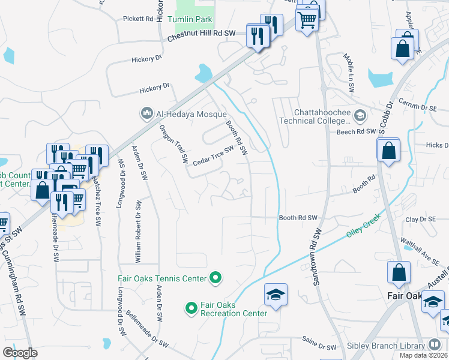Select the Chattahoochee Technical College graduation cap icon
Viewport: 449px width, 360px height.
(x=360, y=115)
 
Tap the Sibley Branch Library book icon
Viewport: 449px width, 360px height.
(x=435, y=345)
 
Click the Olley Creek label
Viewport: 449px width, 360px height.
(x=363, y=229)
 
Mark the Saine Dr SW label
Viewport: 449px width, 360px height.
(x=320, y=347)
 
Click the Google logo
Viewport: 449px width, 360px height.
(x=20, y=353)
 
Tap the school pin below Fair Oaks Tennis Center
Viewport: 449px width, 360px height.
(x=276, y=295)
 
